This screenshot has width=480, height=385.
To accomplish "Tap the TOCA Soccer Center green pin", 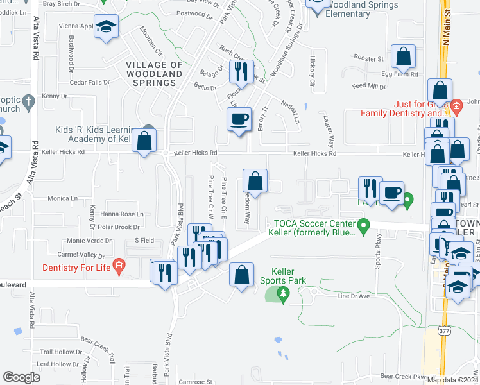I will point(364,225).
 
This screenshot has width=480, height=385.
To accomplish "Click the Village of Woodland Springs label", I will point(154,74).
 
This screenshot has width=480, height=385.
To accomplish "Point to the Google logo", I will point(21,377).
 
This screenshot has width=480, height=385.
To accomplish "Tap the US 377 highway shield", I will point(443,330).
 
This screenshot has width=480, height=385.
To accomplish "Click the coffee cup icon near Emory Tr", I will point(240,119).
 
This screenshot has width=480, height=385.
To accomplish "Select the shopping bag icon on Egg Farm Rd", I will point(404,58).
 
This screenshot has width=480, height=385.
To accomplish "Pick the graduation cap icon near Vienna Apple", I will point(107,27).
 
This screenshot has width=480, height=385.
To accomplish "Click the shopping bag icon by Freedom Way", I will point(255,181).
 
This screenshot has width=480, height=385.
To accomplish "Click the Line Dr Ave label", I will point(354,296).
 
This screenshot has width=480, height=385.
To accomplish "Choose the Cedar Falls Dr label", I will point(90,82).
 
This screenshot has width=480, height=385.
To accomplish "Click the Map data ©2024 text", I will point(452,380).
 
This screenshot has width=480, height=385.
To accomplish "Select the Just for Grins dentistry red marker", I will point(456,105).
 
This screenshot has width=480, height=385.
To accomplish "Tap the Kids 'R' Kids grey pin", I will point(149,130).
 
